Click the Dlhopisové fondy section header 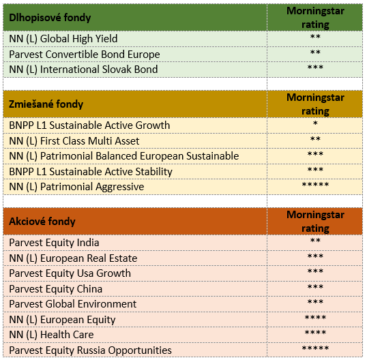[x=50, y=18]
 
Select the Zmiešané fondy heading [x=46, y=104]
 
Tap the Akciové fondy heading [x=42, y=222]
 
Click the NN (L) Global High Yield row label [x=63, y=39]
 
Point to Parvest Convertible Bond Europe [x=85, y=55]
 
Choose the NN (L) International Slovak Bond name [x=83, y=70]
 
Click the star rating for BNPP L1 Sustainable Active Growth [x=315, y=123]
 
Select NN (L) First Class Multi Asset [x=74, y=141]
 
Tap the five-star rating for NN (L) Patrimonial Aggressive [x=315, y=185]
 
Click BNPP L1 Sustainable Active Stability [x=91, y=172]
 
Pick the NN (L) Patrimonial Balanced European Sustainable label [x=124, y=156]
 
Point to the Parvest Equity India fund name [x=54, y=243]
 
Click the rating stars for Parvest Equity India [x=315, y=240]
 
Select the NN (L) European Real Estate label [x=73, y=258]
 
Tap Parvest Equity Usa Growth [x=70, y=273]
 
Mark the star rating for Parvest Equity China [x=315, y=287]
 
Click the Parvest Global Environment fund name [x=72, y=304]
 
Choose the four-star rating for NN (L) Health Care [x=315, y=333]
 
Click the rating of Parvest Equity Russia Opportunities [x=315, y=348]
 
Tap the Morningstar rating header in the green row [x=315, y=18]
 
